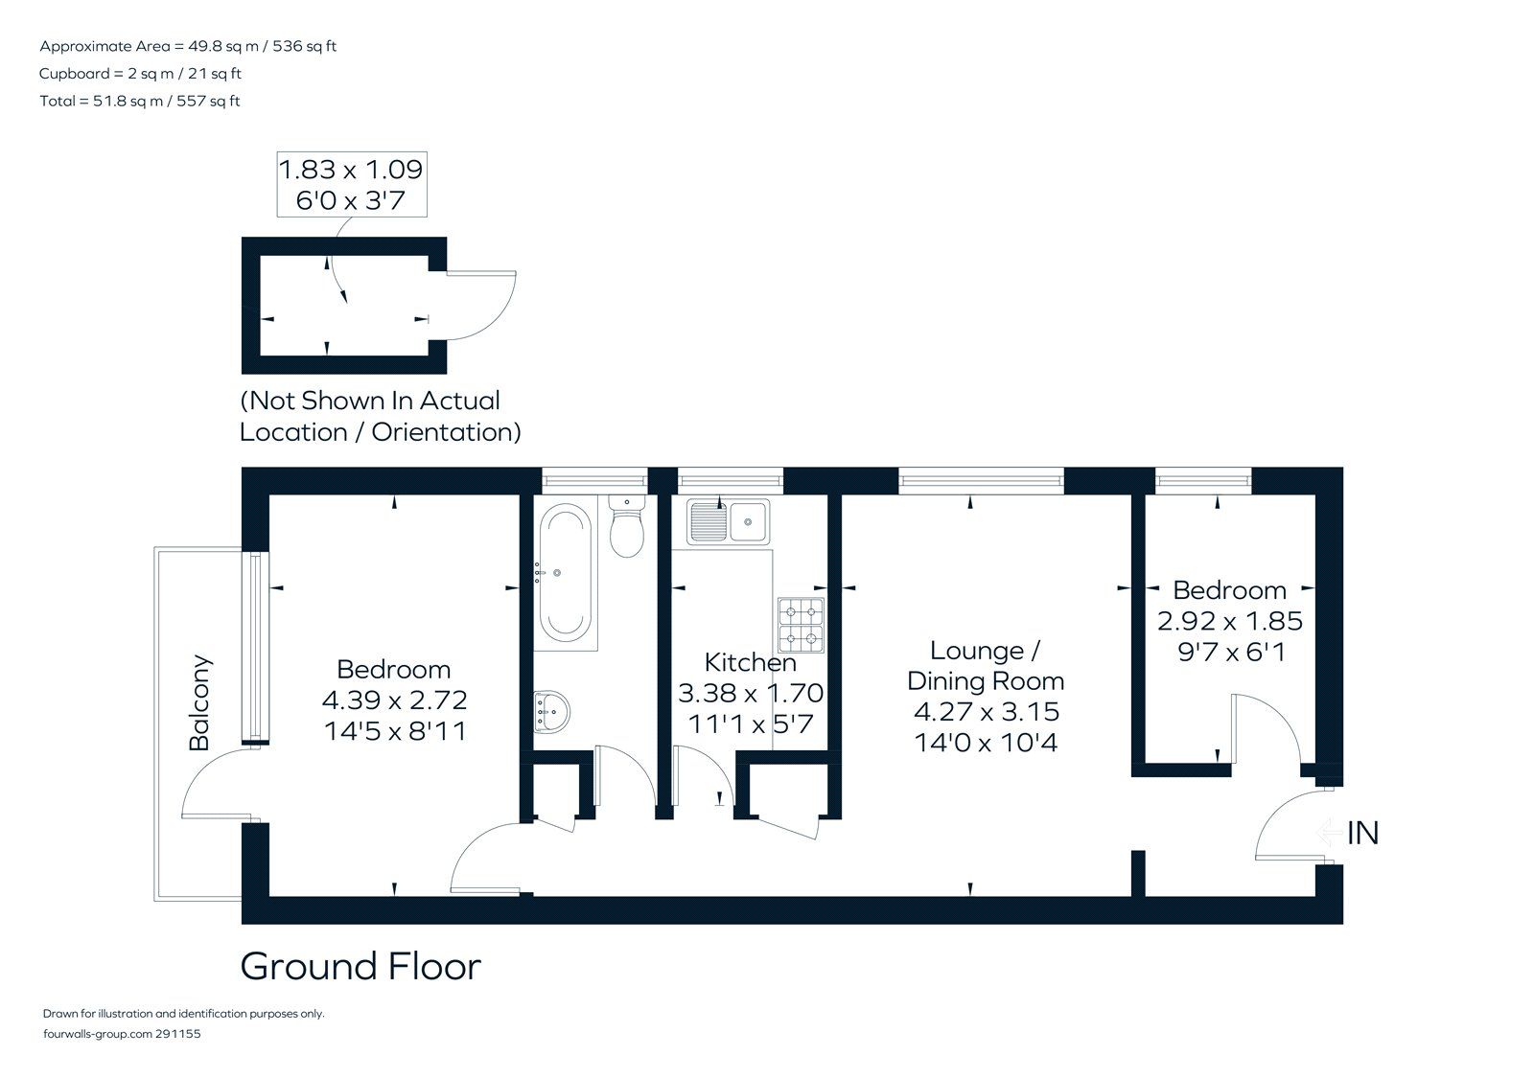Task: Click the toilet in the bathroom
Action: coord(626,529)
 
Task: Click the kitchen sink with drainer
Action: coord(727,521)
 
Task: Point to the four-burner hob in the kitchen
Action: coord(801,624)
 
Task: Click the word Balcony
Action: coord(199,702)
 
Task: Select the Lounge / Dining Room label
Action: coord(986,666)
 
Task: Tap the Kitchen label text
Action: coord(750,662)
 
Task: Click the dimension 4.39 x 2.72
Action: coord(395,700)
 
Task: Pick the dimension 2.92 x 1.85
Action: coord(1230,621)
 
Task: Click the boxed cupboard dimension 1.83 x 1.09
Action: coord(351,171)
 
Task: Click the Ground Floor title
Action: coord(360,966)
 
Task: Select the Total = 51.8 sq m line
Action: coord(140,101)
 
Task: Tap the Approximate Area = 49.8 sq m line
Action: coord(188,46)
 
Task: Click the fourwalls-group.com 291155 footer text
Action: coord(123,1034)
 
